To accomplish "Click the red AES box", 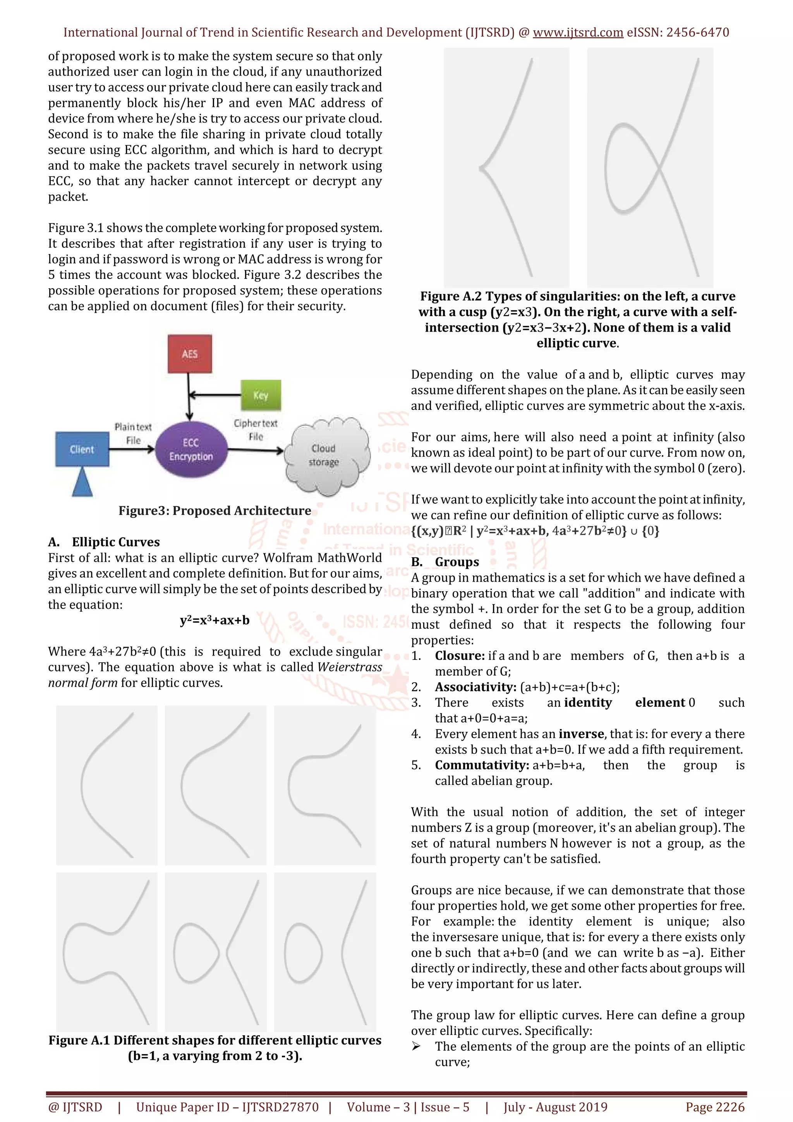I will (x=189, y=354).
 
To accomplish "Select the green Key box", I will (x=261, y=395).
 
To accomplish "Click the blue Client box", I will (x=82, y=449).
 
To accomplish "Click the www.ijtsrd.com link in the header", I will (x=578, y=33).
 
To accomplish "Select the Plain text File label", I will (x=133, y=434).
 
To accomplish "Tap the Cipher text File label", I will (x=256, y=430).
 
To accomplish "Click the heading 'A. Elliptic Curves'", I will (x=104, y=542).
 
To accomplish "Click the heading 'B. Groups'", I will (x=445, y=562).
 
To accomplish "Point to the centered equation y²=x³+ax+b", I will (x=215, y=621).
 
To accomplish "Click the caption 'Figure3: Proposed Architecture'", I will (x=215, y=511).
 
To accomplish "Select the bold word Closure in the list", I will (x=460, y=656).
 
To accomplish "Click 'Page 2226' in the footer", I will (x=715, y=1107).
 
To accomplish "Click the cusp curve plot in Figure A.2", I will (x=506, y=167).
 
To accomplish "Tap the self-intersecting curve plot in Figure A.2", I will (x=650, y=167).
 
